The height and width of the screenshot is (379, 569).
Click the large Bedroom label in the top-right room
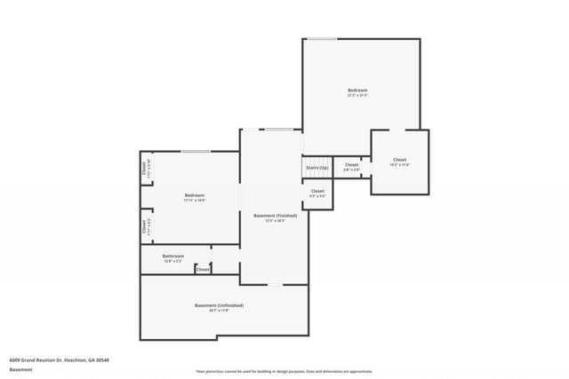(357, 90)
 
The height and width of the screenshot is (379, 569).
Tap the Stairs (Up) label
(317, 168)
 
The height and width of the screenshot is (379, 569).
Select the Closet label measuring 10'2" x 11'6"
(399, 160)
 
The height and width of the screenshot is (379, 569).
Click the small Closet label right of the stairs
(351, 164)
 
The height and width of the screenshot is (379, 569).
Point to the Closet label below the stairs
(317, 191)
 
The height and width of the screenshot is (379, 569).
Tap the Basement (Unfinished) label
(219, 305)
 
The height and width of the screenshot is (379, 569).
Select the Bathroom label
(173, 256)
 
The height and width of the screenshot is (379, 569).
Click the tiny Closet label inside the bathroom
(203, 269)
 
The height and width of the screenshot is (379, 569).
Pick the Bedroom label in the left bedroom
(195, 195)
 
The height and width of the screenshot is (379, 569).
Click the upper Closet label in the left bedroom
(144, 166)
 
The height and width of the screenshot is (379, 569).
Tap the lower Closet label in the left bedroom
(144, 225)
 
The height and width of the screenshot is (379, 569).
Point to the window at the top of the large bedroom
(323, 38)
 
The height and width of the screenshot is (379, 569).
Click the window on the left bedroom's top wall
(196, 151)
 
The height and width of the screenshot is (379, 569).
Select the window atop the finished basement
(278, 130)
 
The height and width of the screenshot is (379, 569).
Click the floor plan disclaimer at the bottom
(284, 372)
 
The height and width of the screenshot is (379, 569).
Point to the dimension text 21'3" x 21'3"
(357, 95)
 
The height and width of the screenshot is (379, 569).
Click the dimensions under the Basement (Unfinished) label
(219, 311)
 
